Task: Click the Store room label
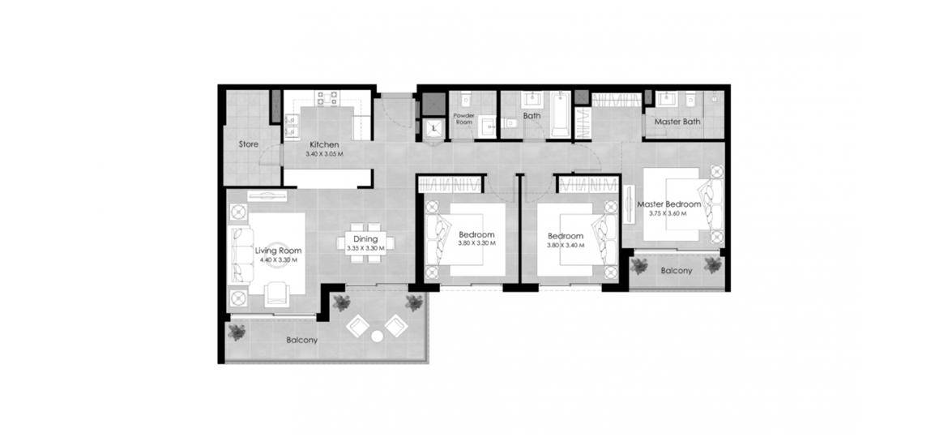point(249,144)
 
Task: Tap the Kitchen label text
point(324,144)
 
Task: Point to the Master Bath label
point(677,122)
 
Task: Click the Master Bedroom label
point(669,204)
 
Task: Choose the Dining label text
point(365,239)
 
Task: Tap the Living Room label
point(278,251)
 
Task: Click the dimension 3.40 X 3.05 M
point(324,154)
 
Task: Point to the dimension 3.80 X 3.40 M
point(566,246)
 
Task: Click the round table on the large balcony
point(378,337)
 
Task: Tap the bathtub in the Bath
point(561,114)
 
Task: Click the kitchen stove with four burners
point(327,98)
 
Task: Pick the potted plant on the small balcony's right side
point(713,264)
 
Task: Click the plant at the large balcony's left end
point(237,332)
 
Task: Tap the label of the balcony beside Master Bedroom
point(676,271)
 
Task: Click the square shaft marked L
point(434,128)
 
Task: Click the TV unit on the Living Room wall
point(267,196)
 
